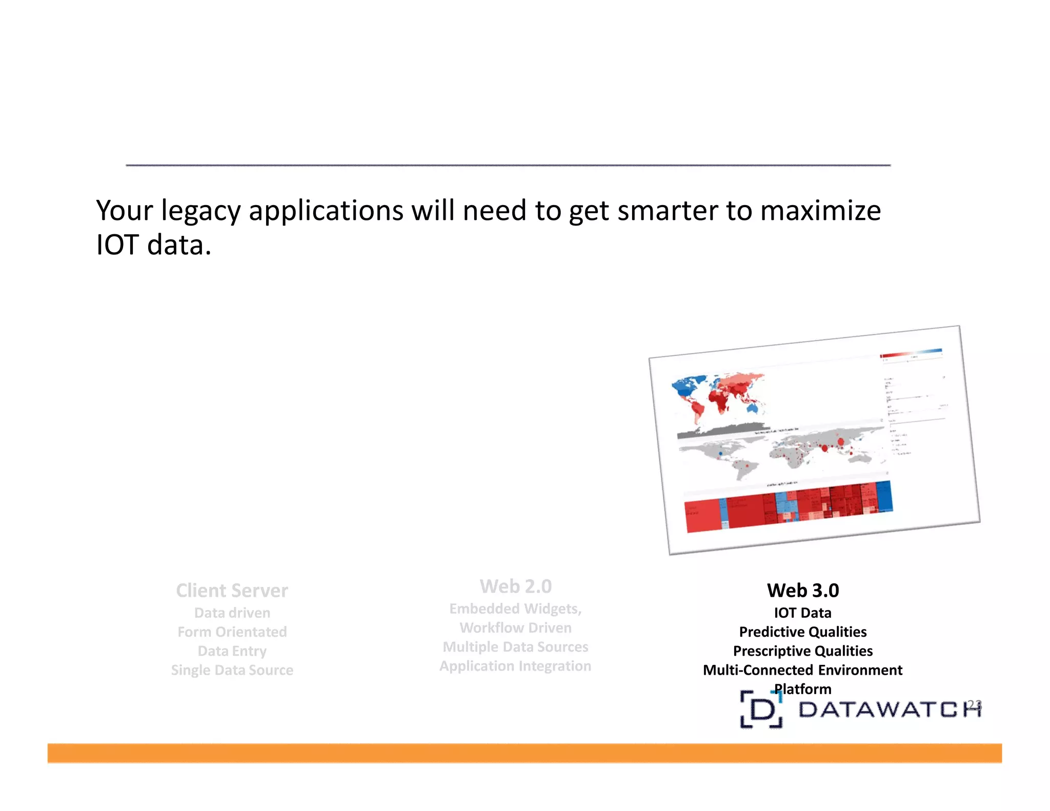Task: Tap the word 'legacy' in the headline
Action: [200, 212]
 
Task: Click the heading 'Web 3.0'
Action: [802, 591]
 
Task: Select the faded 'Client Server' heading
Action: [232, 591]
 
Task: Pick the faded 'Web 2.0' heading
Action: [515, 586]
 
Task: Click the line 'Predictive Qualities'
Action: [802, 632]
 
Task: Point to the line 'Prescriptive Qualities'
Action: [802, 651]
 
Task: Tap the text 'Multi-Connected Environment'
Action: [802, 670]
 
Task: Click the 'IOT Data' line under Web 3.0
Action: [802, 613]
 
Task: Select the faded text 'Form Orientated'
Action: [232, 632]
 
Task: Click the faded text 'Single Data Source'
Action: [232, 670]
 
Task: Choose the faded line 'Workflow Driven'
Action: [515, 627]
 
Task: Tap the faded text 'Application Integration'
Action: [515, 666]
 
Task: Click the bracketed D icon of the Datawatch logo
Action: [761, 710]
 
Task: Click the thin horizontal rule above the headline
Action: [508, 165]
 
